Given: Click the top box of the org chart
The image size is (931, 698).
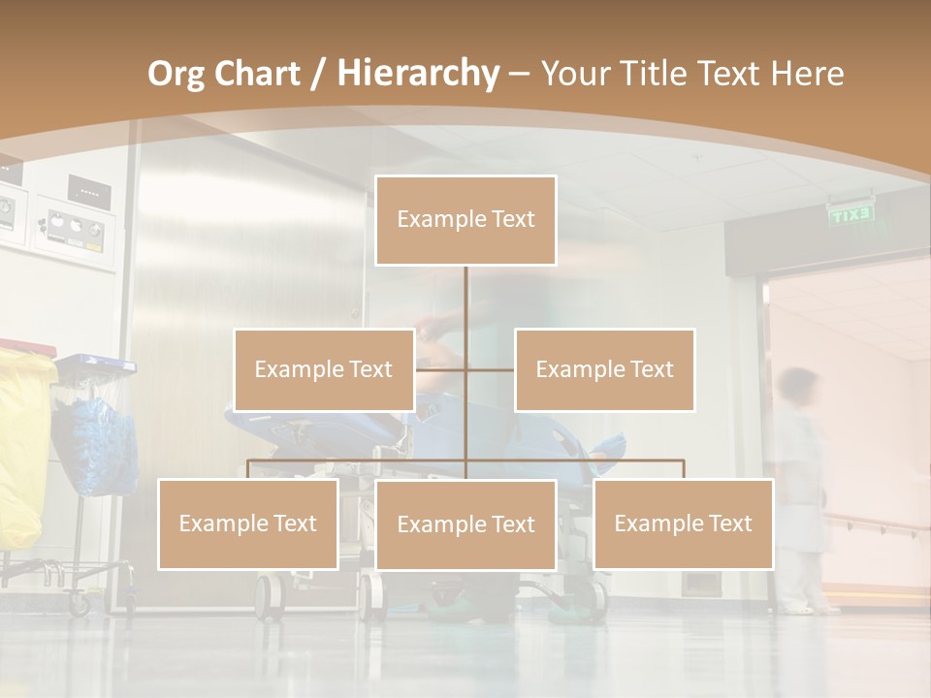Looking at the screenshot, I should (x=465, y=220).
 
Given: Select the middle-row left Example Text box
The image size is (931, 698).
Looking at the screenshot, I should (x=324, y=369).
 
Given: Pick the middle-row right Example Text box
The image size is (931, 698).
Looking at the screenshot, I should (x=604, y=369).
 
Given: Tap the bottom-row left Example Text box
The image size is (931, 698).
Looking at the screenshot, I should (x=248, y=523).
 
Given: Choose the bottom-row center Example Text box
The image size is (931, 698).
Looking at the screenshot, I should (x=465, y=524).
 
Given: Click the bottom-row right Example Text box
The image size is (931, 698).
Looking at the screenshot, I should (x=683, y=523).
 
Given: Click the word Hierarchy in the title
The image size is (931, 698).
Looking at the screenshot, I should (x=418, y=73).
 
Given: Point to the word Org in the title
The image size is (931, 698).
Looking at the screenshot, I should (x=176, y=74).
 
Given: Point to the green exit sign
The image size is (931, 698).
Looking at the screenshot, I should (x=851, y=214).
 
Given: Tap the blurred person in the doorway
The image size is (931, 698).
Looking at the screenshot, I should (x=801, y=485).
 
